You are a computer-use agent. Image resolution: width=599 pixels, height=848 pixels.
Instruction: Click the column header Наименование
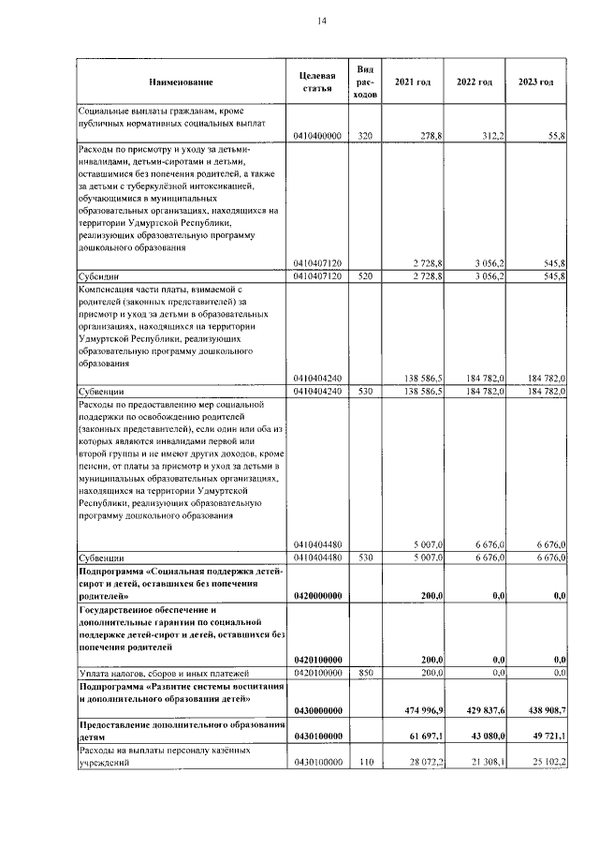point(181,82)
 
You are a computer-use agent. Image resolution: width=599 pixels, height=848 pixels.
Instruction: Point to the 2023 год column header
point(535,82)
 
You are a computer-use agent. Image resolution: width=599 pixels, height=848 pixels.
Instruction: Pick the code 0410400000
point(317,136)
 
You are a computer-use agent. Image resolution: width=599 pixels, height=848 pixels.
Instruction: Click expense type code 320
point(366,136)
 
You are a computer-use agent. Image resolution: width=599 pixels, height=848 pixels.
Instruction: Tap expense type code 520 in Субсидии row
point(366,277)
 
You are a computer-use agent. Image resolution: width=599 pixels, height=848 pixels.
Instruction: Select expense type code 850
point(366,674)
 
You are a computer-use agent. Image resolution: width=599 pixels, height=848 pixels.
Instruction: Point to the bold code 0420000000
point(317,595)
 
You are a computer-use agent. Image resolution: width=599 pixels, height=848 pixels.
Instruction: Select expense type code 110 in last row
point(366,764)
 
